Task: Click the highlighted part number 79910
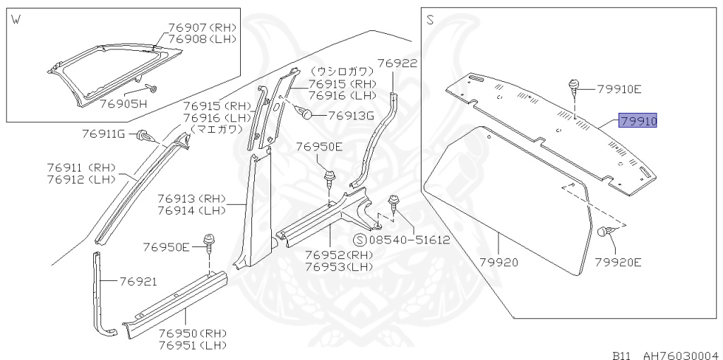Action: tap(638, 121)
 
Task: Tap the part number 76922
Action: tap(397, 63)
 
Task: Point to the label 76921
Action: tap(137, 281)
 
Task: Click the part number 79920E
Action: tap(617, 263)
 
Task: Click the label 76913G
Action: tap(345, 116)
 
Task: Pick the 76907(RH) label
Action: tap(203, 28)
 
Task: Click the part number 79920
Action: tap(499, 263)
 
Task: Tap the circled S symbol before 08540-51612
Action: tap(359, 239)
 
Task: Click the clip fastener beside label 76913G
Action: tap(304, 113)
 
